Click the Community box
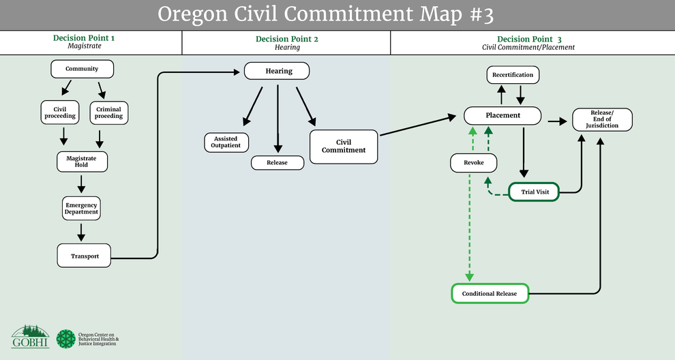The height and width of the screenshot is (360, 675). tap(82, 69)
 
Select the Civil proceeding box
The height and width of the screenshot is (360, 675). tap(55, 112)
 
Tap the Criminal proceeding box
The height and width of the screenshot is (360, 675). tap(108, 112)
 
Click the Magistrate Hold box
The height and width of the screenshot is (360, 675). tap(82, 162)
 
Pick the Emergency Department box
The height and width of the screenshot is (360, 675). tap(82, 208)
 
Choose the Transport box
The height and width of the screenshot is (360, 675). tap(85, 256)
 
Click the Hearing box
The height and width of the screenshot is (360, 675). tap(277, 71)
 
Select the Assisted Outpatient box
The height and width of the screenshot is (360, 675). tap(226, 142)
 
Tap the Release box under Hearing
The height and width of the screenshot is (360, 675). tap(277, 163)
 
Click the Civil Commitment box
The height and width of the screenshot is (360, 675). tap(344, 147)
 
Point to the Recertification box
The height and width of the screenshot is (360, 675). tap(513, 74)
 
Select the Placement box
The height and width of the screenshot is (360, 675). tap(502, 115)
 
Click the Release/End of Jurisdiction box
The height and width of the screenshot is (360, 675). tap(602, 119)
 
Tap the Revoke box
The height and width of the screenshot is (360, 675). tap(473, 163)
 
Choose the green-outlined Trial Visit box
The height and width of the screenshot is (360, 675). tap(535, 192)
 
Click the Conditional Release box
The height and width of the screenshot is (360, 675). tap(490, 294)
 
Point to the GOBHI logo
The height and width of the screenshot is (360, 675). tap(30, 336)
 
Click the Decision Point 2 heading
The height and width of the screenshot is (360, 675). tap(286, 39)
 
